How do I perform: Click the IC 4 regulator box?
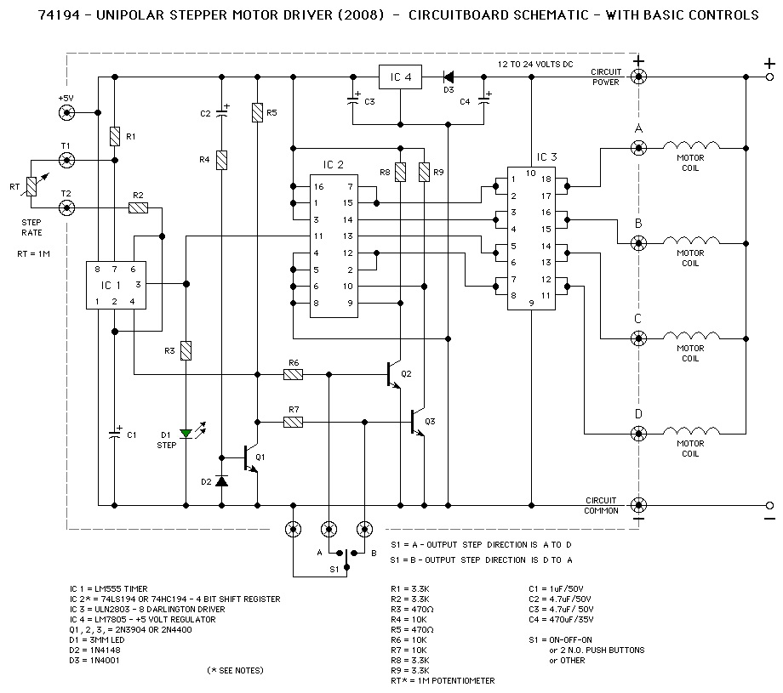tap(400, 77)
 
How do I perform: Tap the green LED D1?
tap(186, 434)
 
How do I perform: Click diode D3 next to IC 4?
tap(449, 77)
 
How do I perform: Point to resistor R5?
tap(257, 112)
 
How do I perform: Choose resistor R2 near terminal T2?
tap(138, 207)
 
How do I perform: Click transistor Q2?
tap(393, 373)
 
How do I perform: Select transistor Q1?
tap(250, 457)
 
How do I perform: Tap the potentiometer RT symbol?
tap(32, 184)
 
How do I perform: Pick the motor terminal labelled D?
tap(638, 434)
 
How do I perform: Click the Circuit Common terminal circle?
tap(638, 505)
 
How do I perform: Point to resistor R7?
tap(294, 421)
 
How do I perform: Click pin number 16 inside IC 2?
tap(318, 186)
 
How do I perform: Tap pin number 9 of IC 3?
tap(531, 301)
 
